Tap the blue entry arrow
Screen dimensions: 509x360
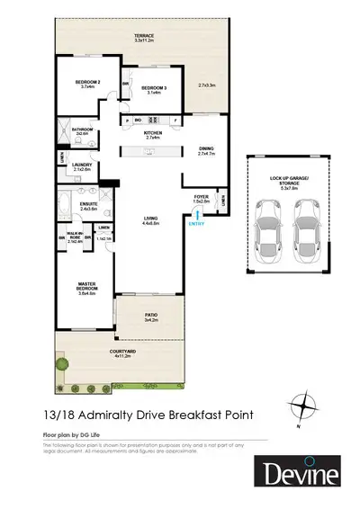pyautogui.click(x=194, y=213)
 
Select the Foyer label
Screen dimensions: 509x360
pyautogui.click(x=202, y=199)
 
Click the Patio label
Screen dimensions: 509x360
pyautogui.click(x=151, y=316)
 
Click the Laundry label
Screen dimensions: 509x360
pyautogui.click(x=83, y=167)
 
